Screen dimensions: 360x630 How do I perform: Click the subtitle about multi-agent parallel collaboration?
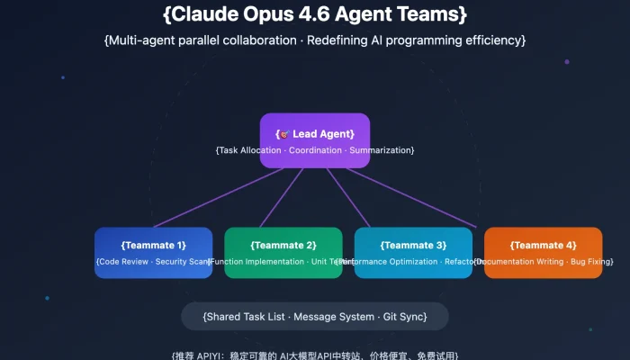(315, 40)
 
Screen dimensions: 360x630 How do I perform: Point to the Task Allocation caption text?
(315, 149)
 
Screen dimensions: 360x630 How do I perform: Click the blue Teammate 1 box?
(153, 252)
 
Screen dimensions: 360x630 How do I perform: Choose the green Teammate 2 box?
(283, 252)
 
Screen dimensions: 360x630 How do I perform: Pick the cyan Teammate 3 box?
(413, 252)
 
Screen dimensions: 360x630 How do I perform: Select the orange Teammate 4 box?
(543, 252)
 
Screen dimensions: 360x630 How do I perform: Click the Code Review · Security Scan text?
(153, 262)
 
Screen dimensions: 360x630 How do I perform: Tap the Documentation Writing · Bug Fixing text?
(543, 262)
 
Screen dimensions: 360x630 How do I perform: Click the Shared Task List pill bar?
(315, 317)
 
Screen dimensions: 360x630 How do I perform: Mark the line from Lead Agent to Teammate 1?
(216, 199)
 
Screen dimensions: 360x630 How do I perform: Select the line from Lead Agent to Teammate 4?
(413, 199)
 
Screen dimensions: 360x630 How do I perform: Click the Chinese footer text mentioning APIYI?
(315, 355)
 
